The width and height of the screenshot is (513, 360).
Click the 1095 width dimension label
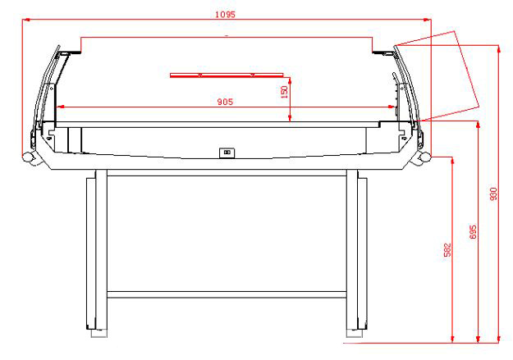[225, 15]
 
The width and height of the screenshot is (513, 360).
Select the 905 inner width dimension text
[226, 102]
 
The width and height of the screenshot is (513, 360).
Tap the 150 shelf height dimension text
[284, 92]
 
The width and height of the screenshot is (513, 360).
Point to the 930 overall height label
[493, 194]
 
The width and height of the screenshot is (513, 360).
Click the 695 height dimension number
[473, 232]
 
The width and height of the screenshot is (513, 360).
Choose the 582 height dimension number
[447, 250]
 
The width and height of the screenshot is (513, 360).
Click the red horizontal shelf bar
[227, 75]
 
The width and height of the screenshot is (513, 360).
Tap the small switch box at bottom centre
[227, 153]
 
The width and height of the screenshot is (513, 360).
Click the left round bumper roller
[29, 158]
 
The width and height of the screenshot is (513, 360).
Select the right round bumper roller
[424, 158]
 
